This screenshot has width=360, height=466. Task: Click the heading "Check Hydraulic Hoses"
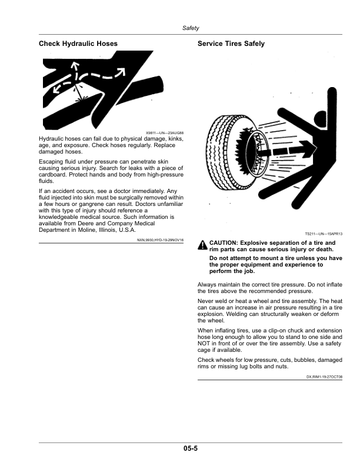[x=78, y=44]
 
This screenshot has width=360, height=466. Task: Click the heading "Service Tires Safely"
[x=231, y=44]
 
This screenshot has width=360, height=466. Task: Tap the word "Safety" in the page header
[x=191, y=28]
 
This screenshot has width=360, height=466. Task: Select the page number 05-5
[x=189, y=449]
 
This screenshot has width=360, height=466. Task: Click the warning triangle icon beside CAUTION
[x=202, y=245]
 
